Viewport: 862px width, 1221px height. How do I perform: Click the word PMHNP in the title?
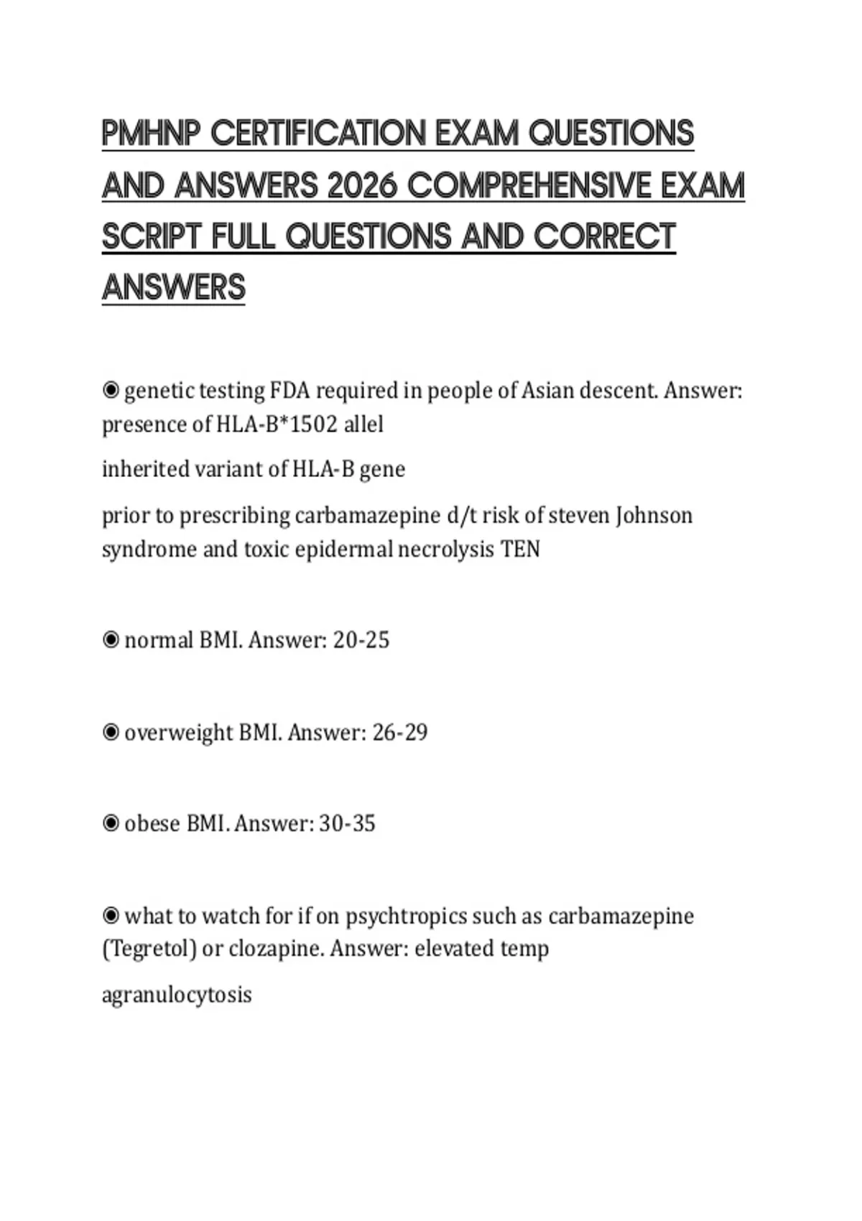149,134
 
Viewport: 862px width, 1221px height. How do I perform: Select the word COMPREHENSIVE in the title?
529,186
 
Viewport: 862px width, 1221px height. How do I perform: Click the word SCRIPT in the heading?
152,237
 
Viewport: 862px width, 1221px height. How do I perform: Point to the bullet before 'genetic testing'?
111,391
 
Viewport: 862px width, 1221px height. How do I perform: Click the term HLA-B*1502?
277,424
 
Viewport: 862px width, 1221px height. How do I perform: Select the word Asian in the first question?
547,391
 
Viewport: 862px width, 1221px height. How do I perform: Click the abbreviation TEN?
520,549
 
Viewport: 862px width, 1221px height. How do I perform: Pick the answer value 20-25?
361,640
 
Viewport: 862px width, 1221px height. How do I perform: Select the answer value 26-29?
399,733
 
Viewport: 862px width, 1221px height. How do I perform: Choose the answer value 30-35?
347,823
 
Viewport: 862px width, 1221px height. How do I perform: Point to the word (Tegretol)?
149,949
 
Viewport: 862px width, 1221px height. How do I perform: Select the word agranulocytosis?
177,995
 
